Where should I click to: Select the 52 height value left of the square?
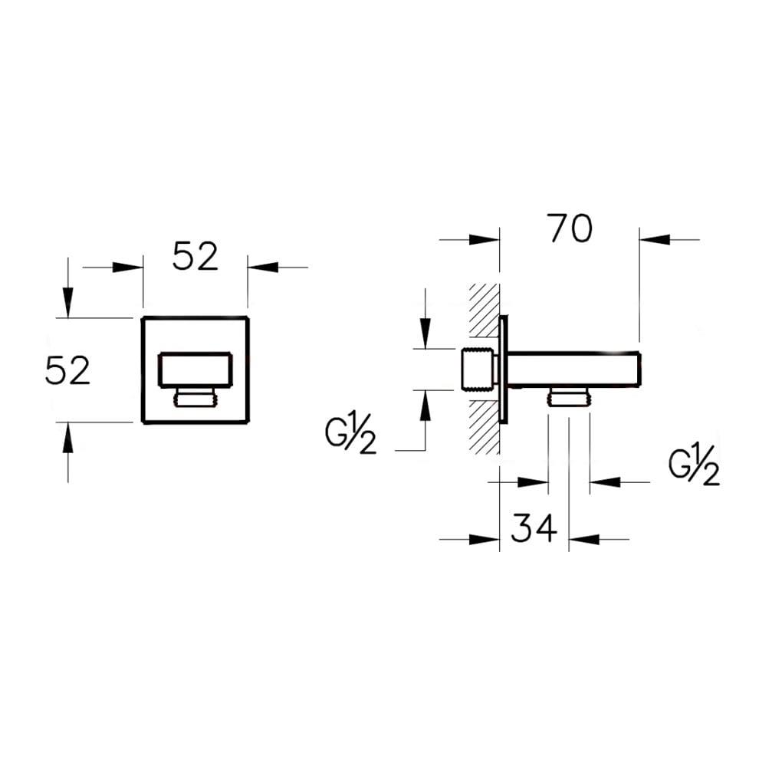pos(68,371)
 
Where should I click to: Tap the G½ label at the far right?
pos(694,468)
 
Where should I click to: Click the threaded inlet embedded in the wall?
pos(477,370)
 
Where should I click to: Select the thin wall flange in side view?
pos(503,370)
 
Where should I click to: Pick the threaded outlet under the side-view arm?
pos(568,397)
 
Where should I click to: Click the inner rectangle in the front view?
pos(195,369)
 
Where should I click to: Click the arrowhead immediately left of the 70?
pos(485,240)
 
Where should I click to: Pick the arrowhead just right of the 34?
pos(583,539)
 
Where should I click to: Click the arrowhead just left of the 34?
pos(485,539)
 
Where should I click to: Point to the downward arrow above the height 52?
pos(68,302)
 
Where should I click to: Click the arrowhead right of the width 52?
pos(262,268)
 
